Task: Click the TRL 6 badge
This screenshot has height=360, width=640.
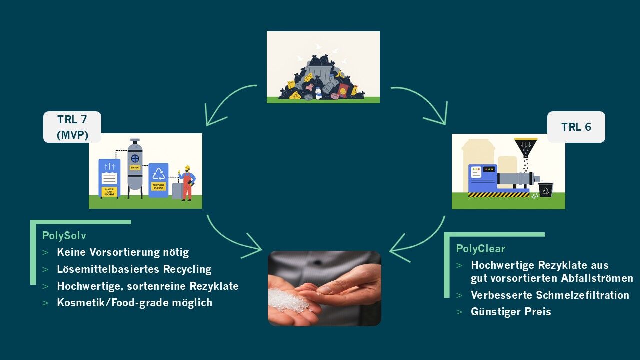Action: coord(576,127)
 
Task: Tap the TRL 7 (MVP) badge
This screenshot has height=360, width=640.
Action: coord(72,127)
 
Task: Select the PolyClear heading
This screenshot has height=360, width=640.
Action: coord(480,249)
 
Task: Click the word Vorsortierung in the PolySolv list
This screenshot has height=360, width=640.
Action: coord(128,252)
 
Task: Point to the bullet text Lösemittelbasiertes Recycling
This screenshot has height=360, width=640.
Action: coord(134,269)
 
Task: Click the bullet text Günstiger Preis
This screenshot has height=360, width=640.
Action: coord(511,312)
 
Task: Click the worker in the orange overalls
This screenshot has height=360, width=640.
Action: coord(187,182)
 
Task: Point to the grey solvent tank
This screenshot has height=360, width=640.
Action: coord(135,165)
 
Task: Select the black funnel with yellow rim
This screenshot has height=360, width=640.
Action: coord(526,147)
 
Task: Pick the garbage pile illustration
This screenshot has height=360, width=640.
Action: coord(323,67)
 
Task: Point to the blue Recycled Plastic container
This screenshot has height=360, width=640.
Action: coord(158,180)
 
